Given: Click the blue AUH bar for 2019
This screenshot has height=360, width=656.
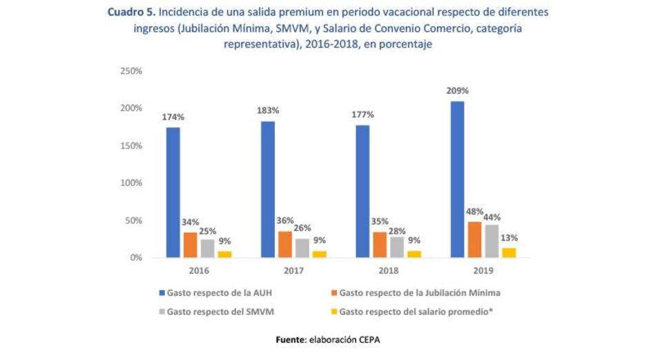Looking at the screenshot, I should (x=457, y=180).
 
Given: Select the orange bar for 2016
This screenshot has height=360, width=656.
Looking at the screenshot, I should (x=190, y=245).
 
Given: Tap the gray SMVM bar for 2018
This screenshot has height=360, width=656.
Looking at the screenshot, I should (x=395, y=247).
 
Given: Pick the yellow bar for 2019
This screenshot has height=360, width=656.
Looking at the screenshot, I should (x=509, y=252).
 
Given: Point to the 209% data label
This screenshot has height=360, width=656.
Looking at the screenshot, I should (x=457, y=91).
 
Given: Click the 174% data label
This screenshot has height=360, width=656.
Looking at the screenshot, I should (x=173, y=117).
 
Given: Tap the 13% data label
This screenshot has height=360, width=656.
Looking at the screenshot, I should (x=510, y=238).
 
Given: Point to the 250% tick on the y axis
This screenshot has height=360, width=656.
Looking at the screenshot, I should (x=131, y=71).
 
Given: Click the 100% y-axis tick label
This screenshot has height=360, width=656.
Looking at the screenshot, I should (x=131, y=183).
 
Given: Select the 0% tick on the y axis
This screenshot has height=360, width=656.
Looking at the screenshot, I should (x=135, y=258).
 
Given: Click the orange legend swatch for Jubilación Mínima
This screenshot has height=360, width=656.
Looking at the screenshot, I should (x=334, y=293).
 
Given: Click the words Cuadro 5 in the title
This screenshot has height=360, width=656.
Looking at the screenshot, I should (x=130, y=12).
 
